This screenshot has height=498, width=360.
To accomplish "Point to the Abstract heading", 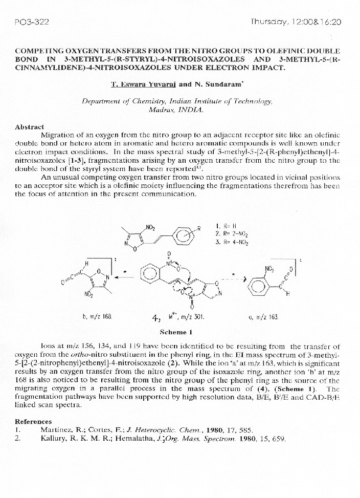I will click(x=29, y=126).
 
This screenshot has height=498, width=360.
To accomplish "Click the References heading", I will click(x=33, y=421).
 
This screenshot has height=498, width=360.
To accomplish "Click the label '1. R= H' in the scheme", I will click(x=226, y=226).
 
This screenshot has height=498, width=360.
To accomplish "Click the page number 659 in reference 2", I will click(x=279, y=439).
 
